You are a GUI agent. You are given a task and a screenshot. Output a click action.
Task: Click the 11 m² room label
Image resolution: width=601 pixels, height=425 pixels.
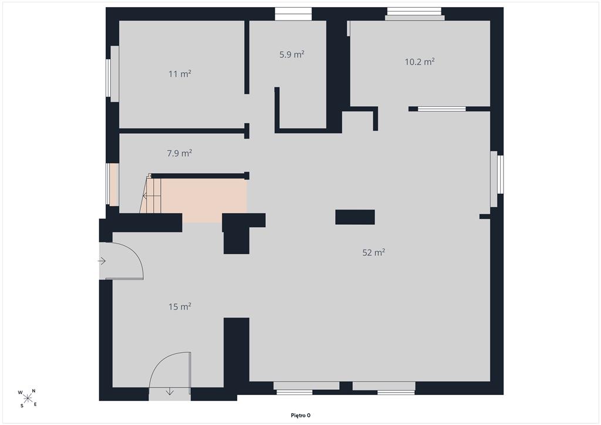180,73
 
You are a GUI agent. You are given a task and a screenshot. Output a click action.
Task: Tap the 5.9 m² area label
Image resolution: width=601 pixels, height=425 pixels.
292,55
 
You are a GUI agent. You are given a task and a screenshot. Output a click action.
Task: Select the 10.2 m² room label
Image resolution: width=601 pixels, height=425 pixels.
420,62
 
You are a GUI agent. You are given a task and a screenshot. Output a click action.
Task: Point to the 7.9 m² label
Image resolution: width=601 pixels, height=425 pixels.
180,153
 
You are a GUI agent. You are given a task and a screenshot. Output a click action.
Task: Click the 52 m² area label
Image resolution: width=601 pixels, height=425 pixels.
374,252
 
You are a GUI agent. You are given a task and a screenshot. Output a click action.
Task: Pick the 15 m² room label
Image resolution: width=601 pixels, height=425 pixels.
180,306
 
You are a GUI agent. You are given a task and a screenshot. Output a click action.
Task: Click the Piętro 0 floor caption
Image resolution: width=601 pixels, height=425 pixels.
300,416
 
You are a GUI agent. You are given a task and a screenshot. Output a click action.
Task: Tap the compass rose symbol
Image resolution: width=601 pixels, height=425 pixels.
27,398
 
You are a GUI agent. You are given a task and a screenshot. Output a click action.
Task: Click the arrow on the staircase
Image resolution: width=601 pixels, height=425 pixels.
151,196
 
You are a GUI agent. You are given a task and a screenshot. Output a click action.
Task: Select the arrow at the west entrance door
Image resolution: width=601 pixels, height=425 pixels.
102,261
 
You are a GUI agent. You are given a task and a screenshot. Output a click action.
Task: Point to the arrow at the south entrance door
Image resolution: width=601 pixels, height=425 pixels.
170,392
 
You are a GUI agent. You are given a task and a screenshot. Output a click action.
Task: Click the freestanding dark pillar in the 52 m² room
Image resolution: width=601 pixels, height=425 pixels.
355,217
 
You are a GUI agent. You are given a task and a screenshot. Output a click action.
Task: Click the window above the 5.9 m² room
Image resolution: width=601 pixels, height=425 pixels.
293,14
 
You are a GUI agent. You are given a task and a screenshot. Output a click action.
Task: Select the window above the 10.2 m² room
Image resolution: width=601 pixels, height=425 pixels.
415,14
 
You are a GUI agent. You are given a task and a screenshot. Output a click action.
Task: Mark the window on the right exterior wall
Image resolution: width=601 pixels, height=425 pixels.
497,179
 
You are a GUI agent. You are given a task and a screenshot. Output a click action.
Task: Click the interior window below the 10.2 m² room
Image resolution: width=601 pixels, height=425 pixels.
441,109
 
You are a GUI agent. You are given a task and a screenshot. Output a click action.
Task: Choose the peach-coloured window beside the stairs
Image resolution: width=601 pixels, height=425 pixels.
113,184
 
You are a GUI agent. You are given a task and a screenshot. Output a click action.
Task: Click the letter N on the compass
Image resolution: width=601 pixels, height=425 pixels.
33,391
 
